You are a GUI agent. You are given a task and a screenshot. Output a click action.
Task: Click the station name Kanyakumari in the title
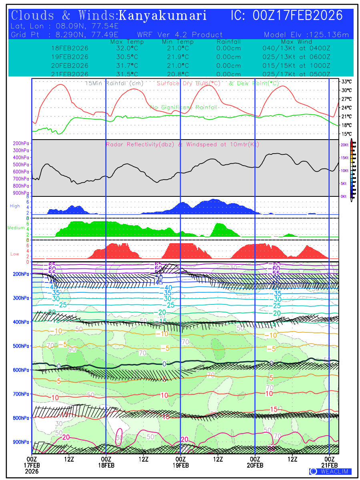pyautogui.click(x=163, y=16)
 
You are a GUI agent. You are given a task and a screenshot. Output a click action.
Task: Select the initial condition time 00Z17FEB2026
pyautogui.click(x=298, y=16)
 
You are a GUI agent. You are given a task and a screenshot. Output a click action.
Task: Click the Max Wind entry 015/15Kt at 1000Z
pyautogui.click(x=294, y=66)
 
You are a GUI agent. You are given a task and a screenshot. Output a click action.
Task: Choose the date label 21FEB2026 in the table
pyautogui.click(x=70, y=74)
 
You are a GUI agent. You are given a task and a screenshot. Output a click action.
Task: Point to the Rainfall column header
pyautogui.click(x=228, y=42)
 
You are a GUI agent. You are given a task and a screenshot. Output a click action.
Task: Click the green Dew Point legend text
pyautogui.click(x=254, y=83)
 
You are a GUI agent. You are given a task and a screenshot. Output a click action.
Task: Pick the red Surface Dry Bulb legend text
pyautogui.click(x=188, y=83)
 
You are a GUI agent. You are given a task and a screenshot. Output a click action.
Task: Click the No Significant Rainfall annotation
pyautogui.click(x=184, y=107)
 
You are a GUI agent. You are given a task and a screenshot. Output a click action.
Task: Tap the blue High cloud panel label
pyautogui.click(x=15, y=206)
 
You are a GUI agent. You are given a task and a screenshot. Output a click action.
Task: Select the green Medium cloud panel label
pyautogui.click(x=16, y=228)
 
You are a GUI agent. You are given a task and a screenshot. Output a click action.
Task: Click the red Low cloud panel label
pyautogui.click(x=15, y=254)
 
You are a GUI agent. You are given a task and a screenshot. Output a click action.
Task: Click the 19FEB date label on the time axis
pyautogui.click(x=180, y=466)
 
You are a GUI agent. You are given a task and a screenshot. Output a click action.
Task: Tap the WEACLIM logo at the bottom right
pyautogui.click(x=330, y=471)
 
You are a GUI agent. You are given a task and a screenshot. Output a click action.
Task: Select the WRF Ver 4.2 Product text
pyautogui.click(x=180, y=35)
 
